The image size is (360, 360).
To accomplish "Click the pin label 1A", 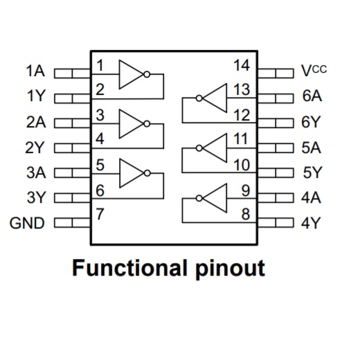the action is click(35, 71).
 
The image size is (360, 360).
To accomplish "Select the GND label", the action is click(27, 223).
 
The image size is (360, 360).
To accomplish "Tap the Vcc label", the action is click(314, 71).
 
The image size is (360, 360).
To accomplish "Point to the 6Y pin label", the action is click(311, 122).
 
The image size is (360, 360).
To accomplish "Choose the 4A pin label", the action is click(311, 198).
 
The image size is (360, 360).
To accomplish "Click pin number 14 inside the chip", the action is click(242, 65).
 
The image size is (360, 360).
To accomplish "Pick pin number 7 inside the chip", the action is click(100, 214).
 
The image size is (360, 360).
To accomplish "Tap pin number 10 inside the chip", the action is click(242, 165).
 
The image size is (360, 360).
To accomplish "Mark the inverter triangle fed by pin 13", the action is click(215, 98).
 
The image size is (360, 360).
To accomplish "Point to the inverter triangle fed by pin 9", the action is click(215, 198).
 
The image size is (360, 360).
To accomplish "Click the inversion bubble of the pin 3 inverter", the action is click(147, 124).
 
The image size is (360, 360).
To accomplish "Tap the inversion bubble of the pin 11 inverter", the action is click(199, 148).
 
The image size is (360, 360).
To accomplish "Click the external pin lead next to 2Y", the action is click(72, 148).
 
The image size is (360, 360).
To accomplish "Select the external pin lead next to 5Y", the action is click(276, 173).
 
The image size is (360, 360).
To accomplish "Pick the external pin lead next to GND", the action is click(72, 223).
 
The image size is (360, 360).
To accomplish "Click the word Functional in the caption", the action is click(129, 268).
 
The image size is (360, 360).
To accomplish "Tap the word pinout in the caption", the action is click(230, 269).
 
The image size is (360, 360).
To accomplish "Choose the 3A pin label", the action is click(36, 172).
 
